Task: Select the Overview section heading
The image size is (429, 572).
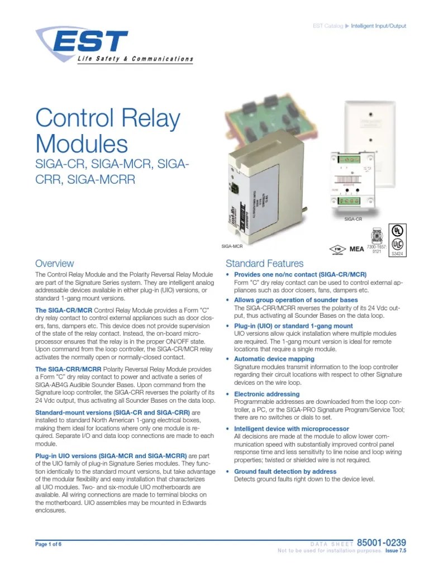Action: [x=54, y=263]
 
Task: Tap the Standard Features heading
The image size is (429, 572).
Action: [x=264, y=263]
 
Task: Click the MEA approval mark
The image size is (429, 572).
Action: [x=356, y=249]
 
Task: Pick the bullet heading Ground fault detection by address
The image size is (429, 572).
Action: [x=285, y=471]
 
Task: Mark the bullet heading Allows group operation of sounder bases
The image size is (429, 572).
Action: [x=295, y=300]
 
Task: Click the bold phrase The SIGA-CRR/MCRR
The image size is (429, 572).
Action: [x=69, y=369]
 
